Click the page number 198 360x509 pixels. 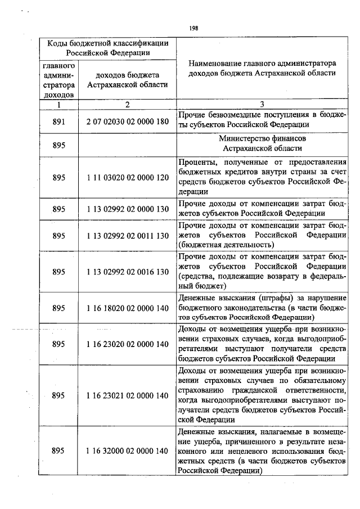pos(193,26)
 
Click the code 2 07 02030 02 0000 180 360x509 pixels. pos(128,121)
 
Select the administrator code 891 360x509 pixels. pos(59,121)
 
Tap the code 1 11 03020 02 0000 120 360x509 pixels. pos(128,177)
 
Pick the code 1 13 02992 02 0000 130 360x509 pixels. pos(128,208)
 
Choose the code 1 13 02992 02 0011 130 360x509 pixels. pos(128,235)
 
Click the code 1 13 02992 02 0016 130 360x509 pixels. pos(128,272)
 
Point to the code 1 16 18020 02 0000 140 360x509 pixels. pos(128,308)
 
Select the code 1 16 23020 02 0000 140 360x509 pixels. pos(128,344)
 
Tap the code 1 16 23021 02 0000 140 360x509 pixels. pos(128,395)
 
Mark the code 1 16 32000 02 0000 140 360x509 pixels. pos(128,451)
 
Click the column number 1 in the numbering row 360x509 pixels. pos(59,104)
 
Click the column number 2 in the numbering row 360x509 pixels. pos(128,104)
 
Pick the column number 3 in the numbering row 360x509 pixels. pos(262,104)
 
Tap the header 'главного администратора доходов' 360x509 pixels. pos(59,80)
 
